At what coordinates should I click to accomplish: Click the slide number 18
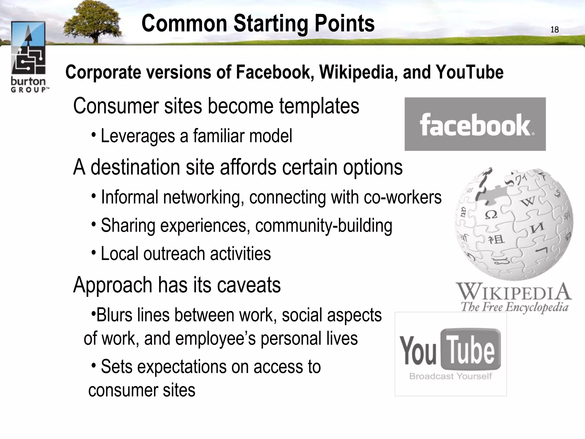click(554, 30)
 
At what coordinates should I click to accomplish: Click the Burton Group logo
click(29, 57)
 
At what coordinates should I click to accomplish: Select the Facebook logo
click(475, 124)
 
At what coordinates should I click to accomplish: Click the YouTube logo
click(450, 350)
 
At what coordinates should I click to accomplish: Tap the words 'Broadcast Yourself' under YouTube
click(450, 376)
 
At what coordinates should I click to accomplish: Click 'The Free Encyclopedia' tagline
click(514, 308)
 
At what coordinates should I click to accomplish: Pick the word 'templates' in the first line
click(319, 106)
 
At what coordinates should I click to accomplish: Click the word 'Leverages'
click(138, 136)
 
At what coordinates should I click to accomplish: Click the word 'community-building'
click(324, 226)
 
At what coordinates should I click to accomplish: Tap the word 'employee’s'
click(215, 339)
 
